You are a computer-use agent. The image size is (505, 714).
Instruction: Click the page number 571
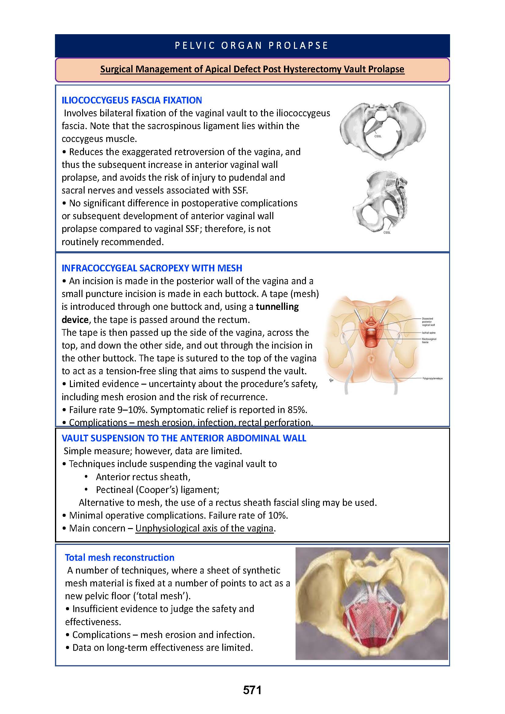point(252,690)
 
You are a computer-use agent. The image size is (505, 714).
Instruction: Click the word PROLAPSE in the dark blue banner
point(298,45)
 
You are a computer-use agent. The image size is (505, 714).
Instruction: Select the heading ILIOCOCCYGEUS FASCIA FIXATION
point(132,100)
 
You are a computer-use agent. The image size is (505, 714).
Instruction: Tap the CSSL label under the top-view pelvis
point(378,136)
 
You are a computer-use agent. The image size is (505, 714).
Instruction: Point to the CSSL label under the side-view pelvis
point(387,232)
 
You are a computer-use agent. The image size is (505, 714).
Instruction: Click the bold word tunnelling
point(277,306)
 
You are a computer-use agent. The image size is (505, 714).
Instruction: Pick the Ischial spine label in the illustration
point(428,333)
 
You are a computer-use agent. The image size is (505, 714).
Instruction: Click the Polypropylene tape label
point(432,379)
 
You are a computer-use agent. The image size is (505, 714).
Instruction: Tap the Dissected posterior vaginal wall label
point(428,321)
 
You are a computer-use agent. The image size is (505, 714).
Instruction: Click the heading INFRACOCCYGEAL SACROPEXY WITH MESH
point(152,268)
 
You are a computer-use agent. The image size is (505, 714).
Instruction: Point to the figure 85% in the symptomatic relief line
point(297,410)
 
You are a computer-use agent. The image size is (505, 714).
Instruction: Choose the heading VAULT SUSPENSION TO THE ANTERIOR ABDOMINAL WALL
point(184,438)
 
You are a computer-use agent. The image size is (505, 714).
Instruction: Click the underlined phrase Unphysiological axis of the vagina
point(204,528)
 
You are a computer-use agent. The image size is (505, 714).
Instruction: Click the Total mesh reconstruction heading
point(119,558)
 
